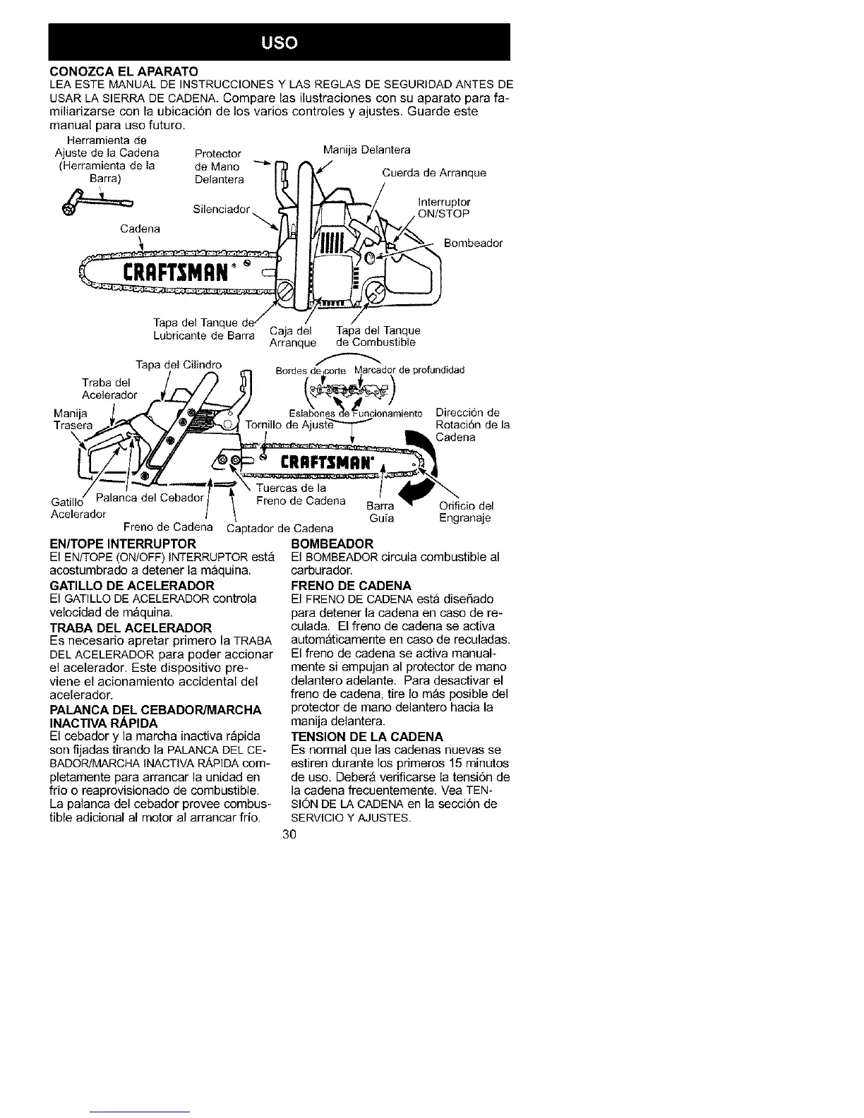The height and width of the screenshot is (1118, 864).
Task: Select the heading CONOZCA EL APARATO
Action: point(124,71)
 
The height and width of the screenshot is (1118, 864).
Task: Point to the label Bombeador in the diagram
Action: point(473,244)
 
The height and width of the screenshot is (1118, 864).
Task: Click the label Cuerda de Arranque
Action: point(434,173)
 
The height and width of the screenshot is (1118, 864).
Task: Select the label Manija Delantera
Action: point(366,150)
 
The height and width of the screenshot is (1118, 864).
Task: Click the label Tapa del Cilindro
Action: point(179,365)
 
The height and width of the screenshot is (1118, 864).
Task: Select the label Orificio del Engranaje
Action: point(466,512)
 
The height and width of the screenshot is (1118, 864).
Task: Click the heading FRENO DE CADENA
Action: point(340,586)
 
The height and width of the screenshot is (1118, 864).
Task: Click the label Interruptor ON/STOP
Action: point(444,208)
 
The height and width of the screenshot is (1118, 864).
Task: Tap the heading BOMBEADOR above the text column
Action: point(332,544)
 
